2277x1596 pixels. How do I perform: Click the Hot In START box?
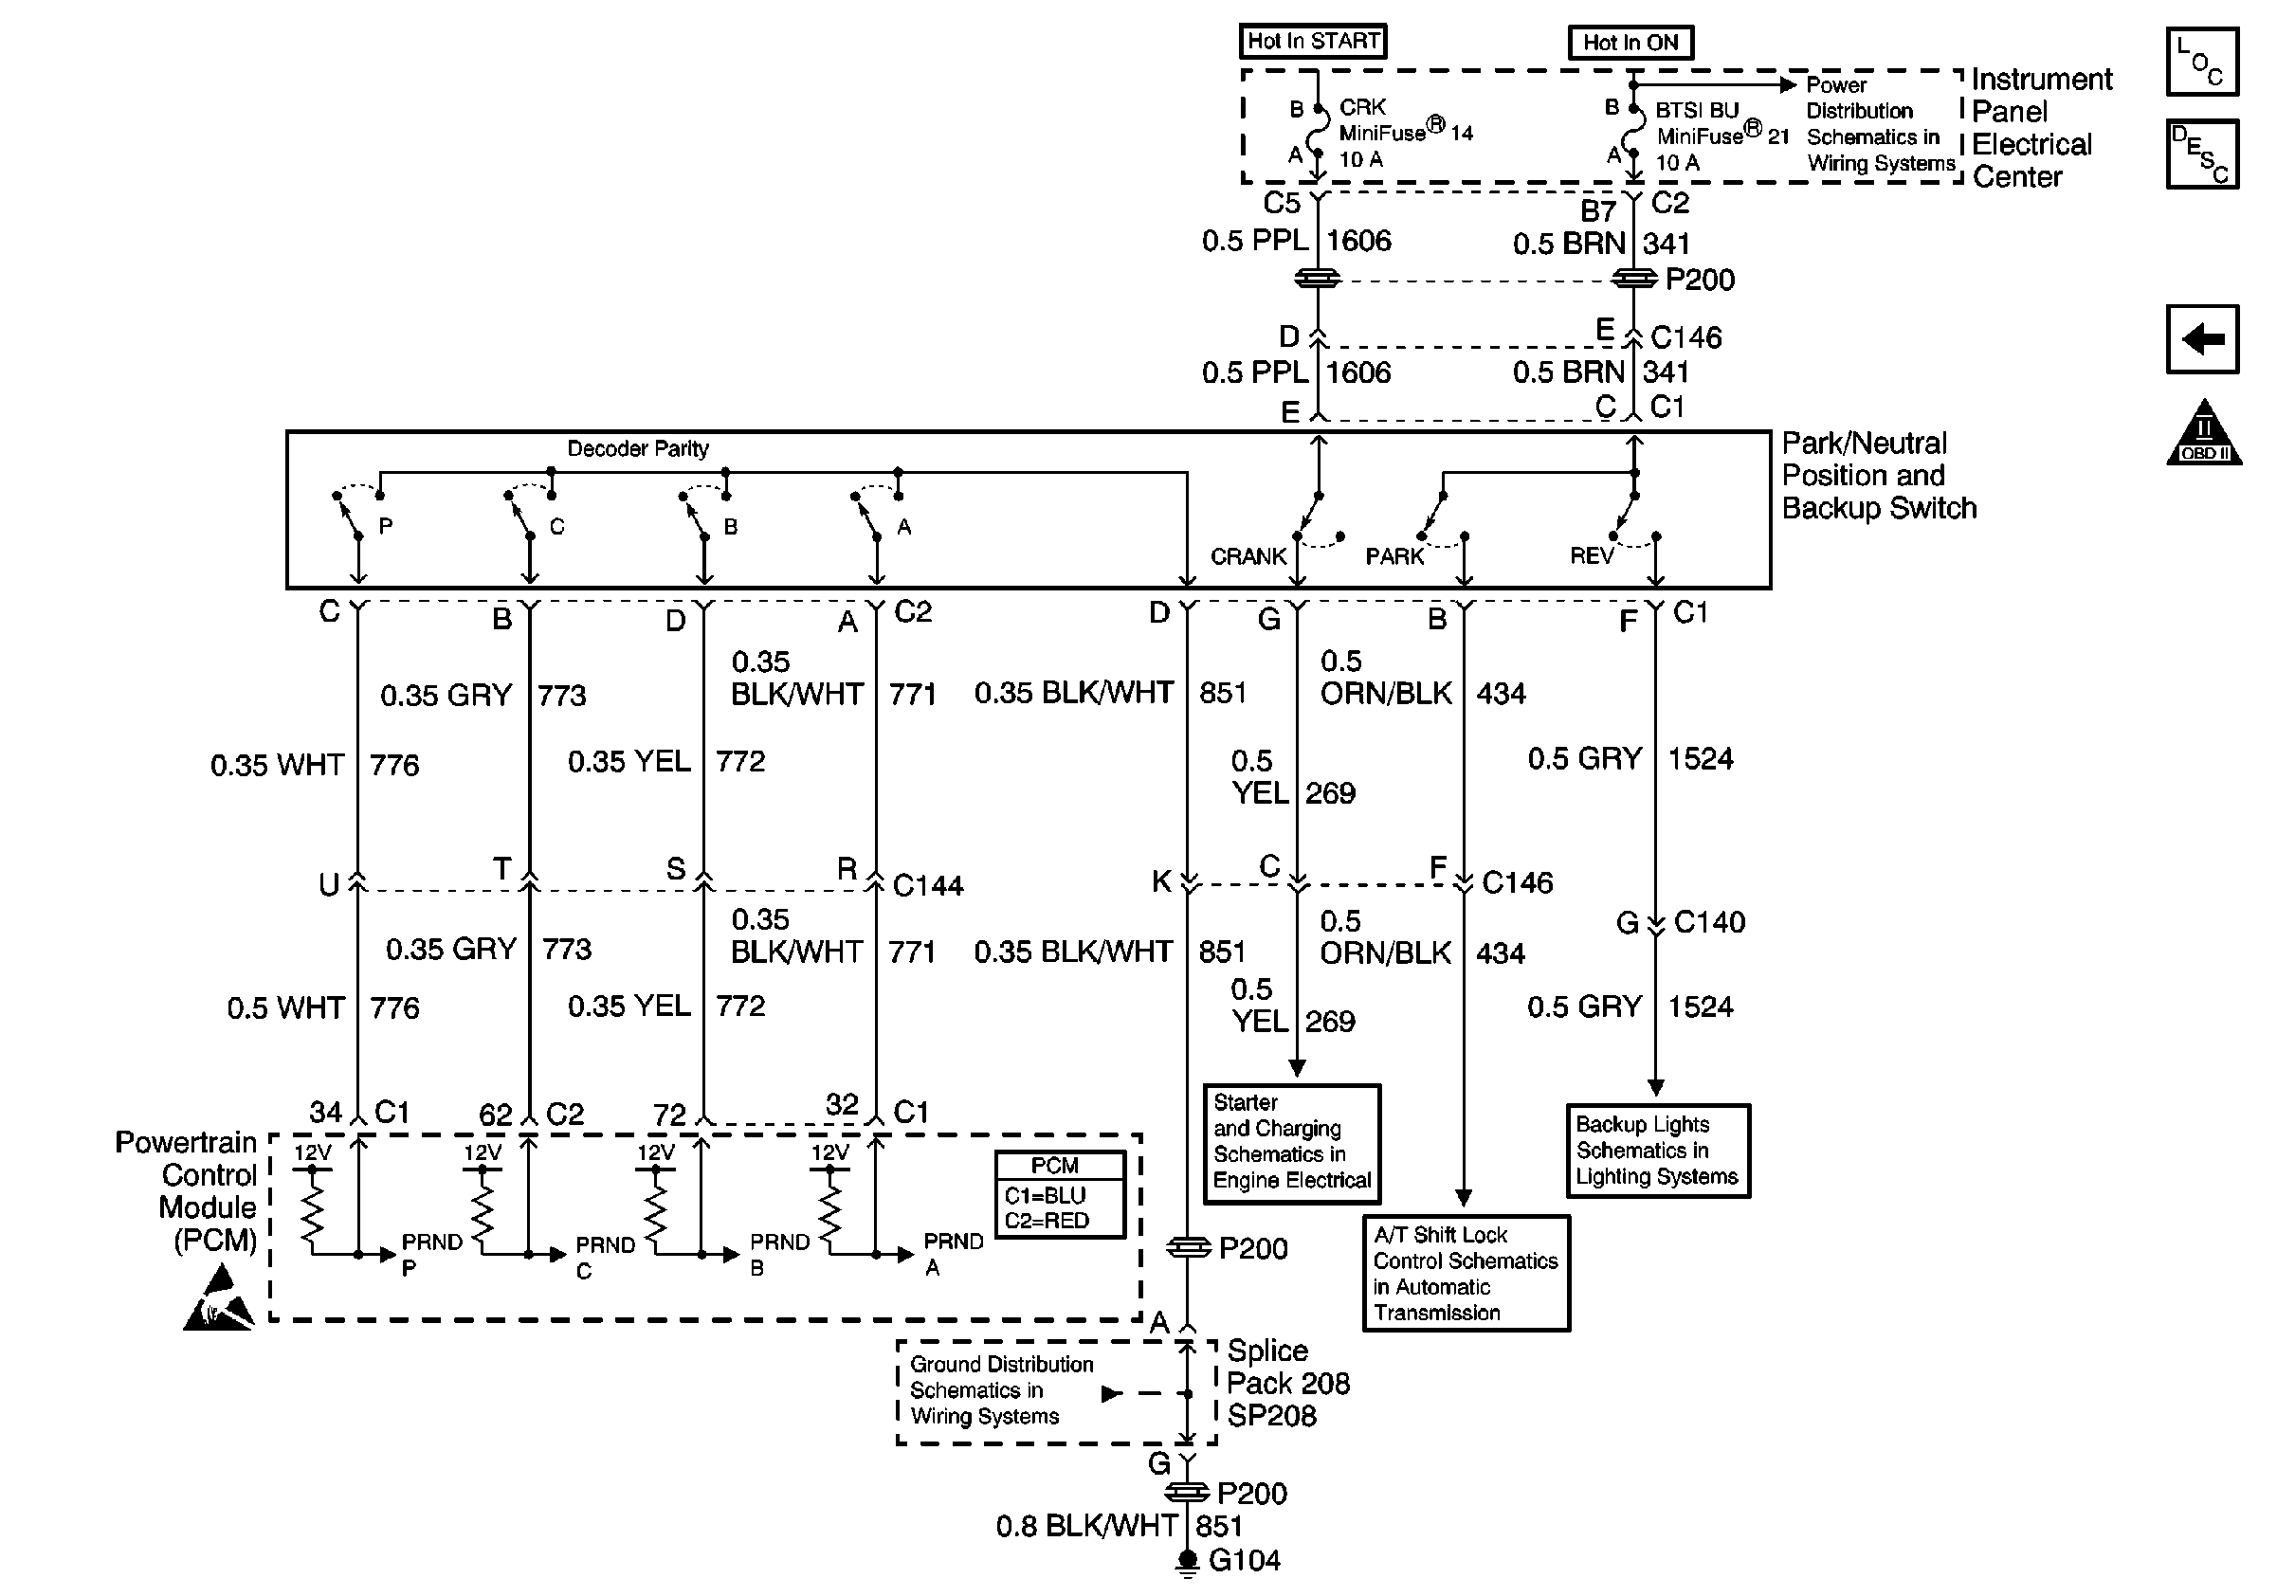coord(1312,41)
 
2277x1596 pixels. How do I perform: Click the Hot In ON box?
coord(1630,43)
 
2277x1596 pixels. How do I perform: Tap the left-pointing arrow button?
coord(2201,339)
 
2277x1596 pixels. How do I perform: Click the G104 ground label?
coord(1245,1561)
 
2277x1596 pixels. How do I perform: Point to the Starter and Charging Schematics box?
coord(1291,1143)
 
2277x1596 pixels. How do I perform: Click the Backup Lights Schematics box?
coord(1657,1151)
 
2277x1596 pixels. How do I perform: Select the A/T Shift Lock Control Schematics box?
coord(1466,1274)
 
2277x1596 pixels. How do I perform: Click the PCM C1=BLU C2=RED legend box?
coord(1059,1194)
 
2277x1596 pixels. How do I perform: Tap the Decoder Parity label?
coord(638,449)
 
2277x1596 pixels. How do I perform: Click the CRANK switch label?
coord(1248,557)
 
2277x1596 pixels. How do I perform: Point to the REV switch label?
coord(1591,557)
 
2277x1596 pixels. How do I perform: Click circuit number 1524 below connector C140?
coord(1700,1007)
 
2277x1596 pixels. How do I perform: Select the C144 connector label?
coord(927,885)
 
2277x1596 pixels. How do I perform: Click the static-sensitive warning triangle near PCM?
coord(219,1299)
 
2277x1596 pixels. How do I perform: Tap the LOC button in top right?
coord(2201,62)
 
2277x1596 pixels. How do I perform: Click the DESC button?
coord(2201,154)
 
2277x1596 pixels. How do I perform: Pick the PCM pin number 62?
coord(495,1115)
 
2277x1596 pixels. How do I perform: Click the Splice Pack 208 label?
coord(1287,1383)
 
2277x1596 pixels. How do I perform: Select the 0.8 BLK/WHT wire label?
coord(1086,1527)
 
